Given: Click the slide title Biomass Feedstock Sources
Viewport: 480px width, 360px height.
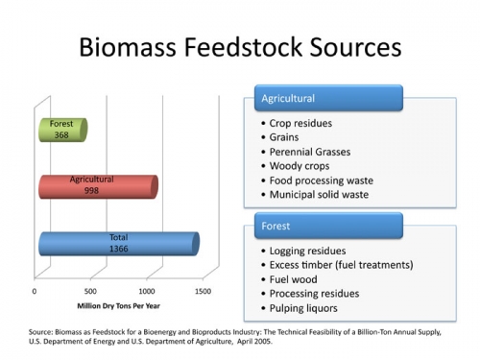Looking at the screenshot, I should point(240,47).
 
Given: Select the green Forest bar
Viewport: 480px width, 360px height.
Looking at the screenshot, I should point(63,130).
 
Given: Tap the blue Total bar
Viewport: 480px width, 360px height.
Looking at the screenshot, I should point(118,243).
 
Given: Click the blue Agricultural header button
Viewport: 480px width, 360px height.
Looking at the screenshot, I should point(328,98).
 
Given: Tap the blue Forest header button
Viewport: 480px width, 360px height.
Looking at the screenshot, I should point(328,227).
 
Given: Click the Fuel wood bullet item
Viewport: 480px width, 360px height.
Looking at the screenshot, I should point(292,279).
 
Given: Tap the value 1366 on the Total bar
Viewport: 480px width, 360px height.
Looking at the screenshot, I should point(117,249).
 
